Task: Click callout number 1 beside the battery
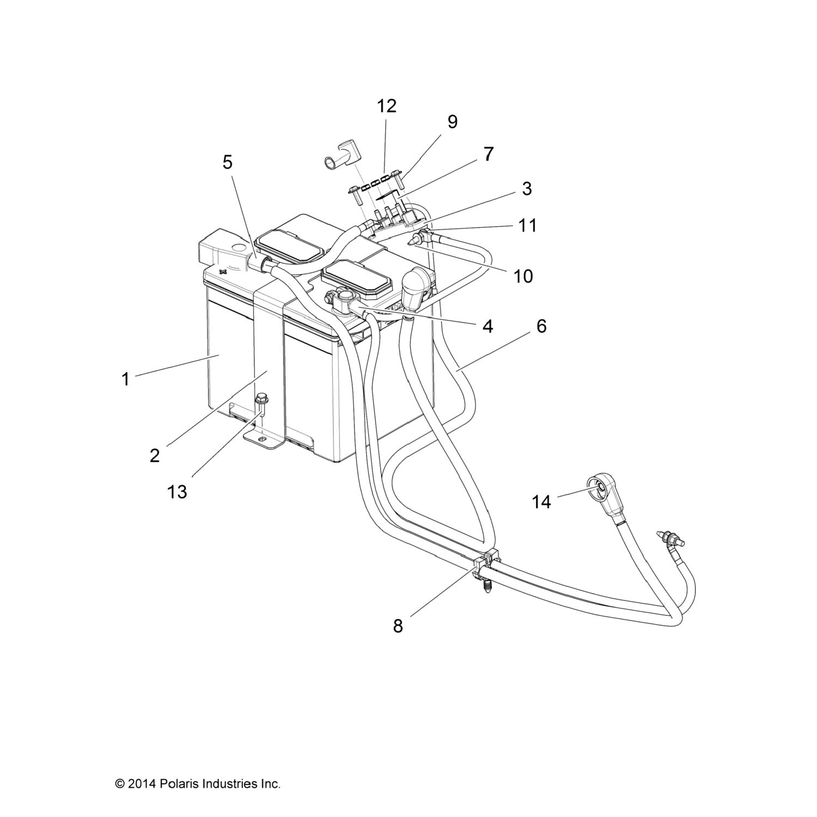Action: click(125, 379)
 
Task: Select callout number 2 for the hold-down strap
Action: click(155, 455)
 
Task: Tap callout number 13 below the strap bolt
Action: click(178, 492)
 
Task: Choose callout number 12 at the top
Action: click(386, 106)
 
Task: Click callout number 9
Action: click(452, 121)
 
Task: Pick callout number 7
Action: click(488, 154)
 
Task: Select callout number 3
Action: click(526, 188)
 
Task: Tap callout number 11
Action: click(527, 225)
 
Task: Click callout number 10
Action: click(523, 276)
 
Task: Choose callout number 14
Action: click(541, 502)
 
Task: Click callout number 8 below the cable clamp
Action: click(398, 626)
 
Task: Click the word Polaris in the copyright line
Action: click(179, 784)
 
